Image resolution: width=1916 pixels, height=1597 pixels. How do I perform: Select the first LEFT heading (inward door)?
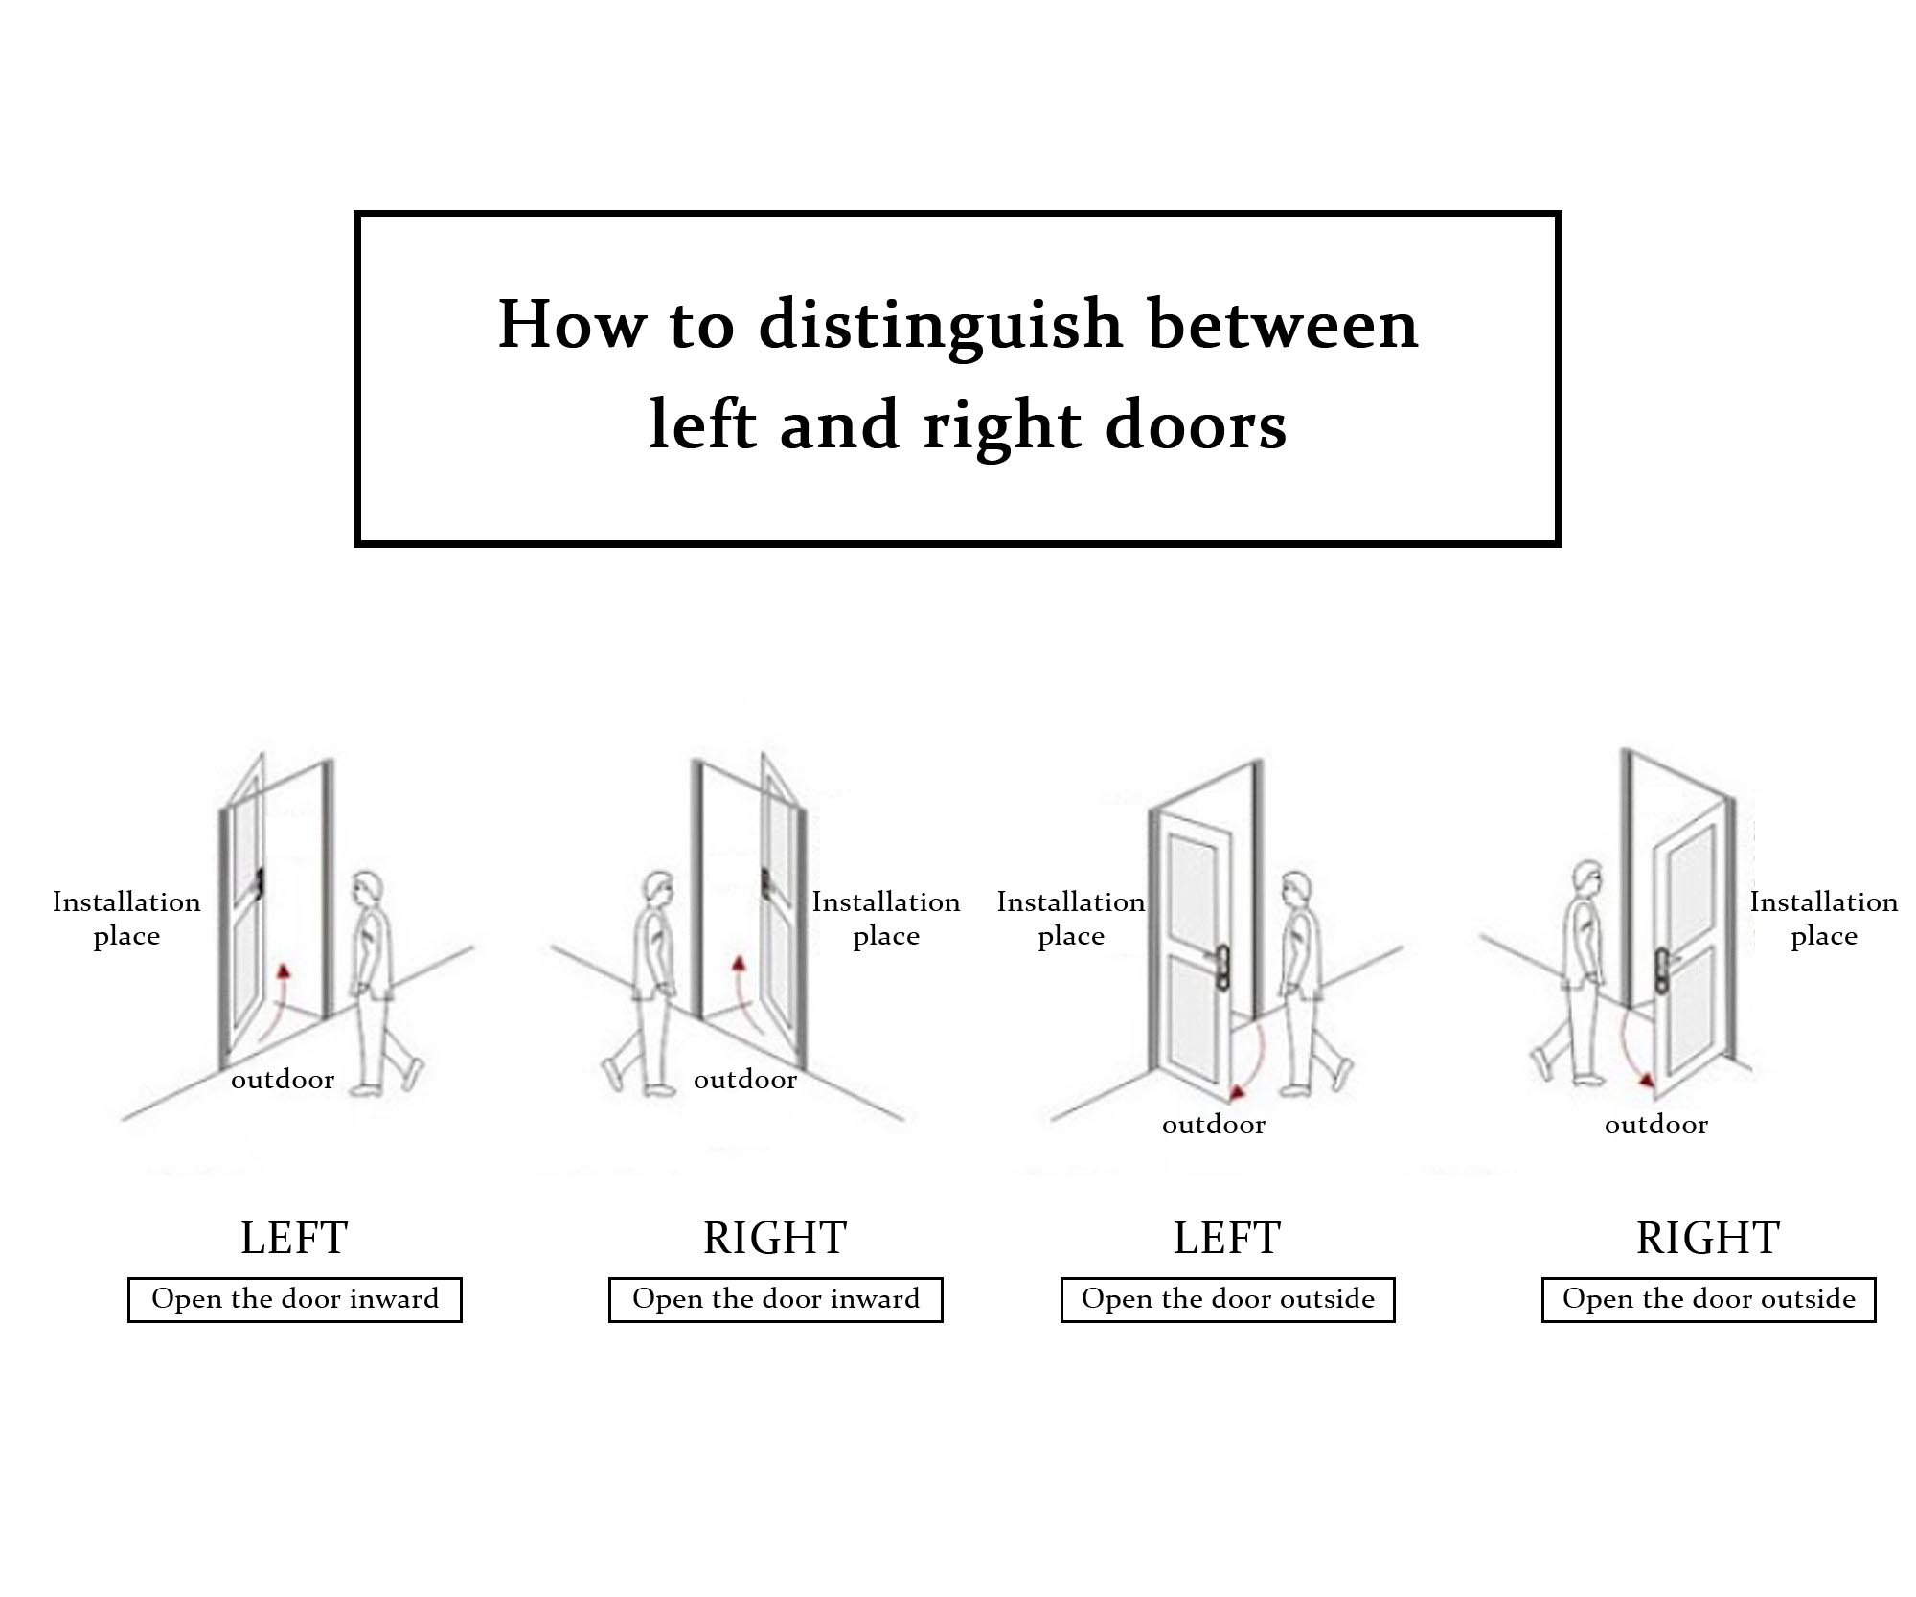coord(294,1238)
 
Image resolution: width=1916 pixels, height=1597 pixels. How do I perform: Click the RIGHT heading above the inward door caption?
coord(775,1238)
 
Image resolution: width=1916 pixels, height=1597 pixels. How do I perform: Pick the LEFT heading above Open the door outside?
coord(1227,1238)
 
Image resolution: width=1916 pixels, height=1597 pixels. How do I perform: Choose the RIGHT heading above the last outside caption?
coord(1708,1238)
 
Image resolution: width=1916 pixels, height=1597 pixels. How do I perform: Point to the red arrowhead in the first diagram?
coord(284,971)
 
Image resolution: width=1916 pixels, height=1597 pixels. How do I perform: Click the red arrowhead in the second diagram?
coord(738,962)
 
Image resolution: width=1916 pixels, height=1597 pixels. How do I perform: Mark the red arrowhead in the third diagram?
coord(1239,1092)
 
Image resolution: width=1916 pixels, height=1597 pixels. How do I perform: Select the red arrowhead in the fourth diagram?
coord(1646,1080)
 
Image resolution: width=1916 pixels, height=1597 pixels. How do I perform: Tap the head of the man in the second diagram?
coord(659,888)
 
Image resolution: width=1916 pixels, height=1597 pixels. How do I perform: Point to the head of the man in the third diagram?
coord(1296,888)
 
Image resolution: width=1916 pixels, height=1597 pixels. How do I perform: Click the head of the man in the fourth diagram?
coord(1587,877)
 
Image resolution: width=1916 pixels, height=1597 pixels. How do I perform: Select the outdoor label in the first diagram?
coord(283,1080)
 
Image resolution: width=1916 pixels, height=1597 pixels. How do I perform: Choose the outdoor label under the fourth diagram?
coord(1656,1125)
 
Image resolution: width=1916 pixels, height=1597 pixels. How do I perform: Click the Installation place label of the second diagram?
coord(886,918)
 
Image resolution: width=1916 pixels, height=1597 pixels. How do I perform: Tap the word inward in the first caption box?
coord(394,1299)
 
